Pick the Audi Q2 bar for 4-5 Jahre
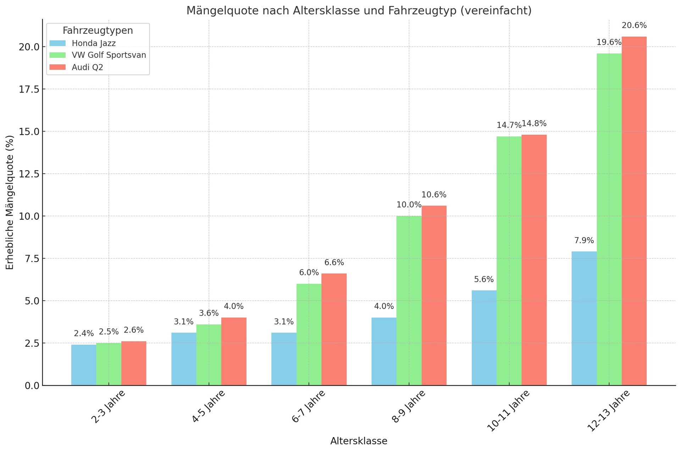(234, 351)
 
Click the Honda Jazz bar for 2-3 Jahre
(84, 365)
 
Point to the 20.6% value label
(634, 26)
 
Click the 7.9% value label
(584, 241)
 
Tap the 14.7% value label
(509, 125)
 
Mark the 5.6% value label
(484, 279)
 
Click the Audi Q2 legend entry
(87, 68)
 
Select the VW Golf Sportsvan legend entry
(109, 55)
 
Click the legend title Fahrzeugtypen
(98, 31)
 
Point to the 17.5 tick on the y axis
(29, 89)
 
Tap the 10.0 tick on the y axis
(29, 216)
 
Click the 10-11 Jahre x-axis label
(508, 411)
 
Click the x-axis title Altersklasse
(359, 441)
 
